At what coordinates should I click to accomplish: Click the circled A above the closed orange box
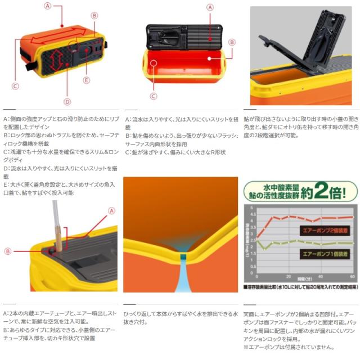[x=47, y=6]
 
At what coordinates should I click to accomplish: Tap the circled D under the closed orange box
[x=67, y=102]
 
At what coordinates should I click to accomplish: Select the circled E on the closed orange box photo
[x=86, y=80]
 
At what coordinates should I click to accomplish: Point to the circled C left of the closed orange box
[x=15, y=85]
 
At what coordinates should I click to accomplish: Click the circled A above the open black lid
[x=209, y=7]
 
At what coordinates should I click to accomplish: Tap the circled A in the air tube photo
[x=111, y=211]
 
